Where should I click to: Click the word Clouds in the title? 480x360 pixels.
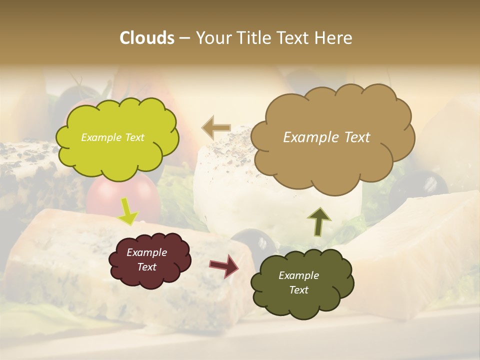click(x=147, y=38)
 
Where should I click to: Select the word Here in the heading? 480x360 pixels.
click(x=334, y=38)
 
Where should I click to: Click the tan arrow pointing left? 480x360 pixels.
click(x=216, y=127)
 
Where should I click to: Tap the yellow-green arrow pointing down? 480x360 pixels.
click(x=128, y=211)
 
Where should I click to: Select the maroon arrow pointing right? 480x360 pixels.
click(x=224, y=265)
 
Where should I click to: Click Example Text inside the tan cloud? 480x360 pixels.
click(x=326, y=137)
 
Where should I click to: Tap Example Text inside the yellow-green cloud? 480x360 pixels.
click(x=112, y=137)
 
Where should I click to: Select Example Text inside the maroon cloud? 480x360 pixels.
click(x=146, y=260)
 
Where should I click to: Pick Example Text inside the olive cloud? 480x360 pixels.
click(x=298, y=283)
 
